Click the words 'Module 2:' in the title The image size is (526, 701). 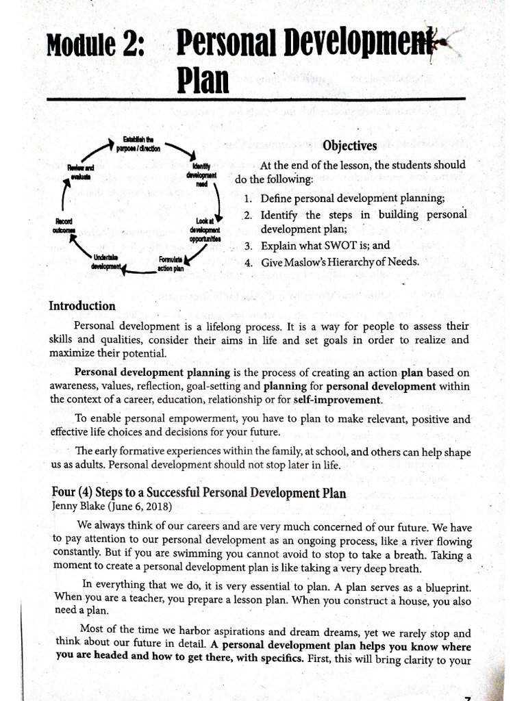pos(96,47)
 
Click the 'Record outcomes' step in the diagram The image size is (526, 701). pos(67,226)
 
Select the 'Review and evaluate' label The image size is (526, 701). pos(80,172)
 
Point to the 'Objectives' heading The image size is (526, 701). pos(349,146)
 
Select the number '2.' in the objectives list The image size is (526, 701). pos(249,214)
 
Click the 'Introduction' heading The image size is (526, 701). pos(82,306)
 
